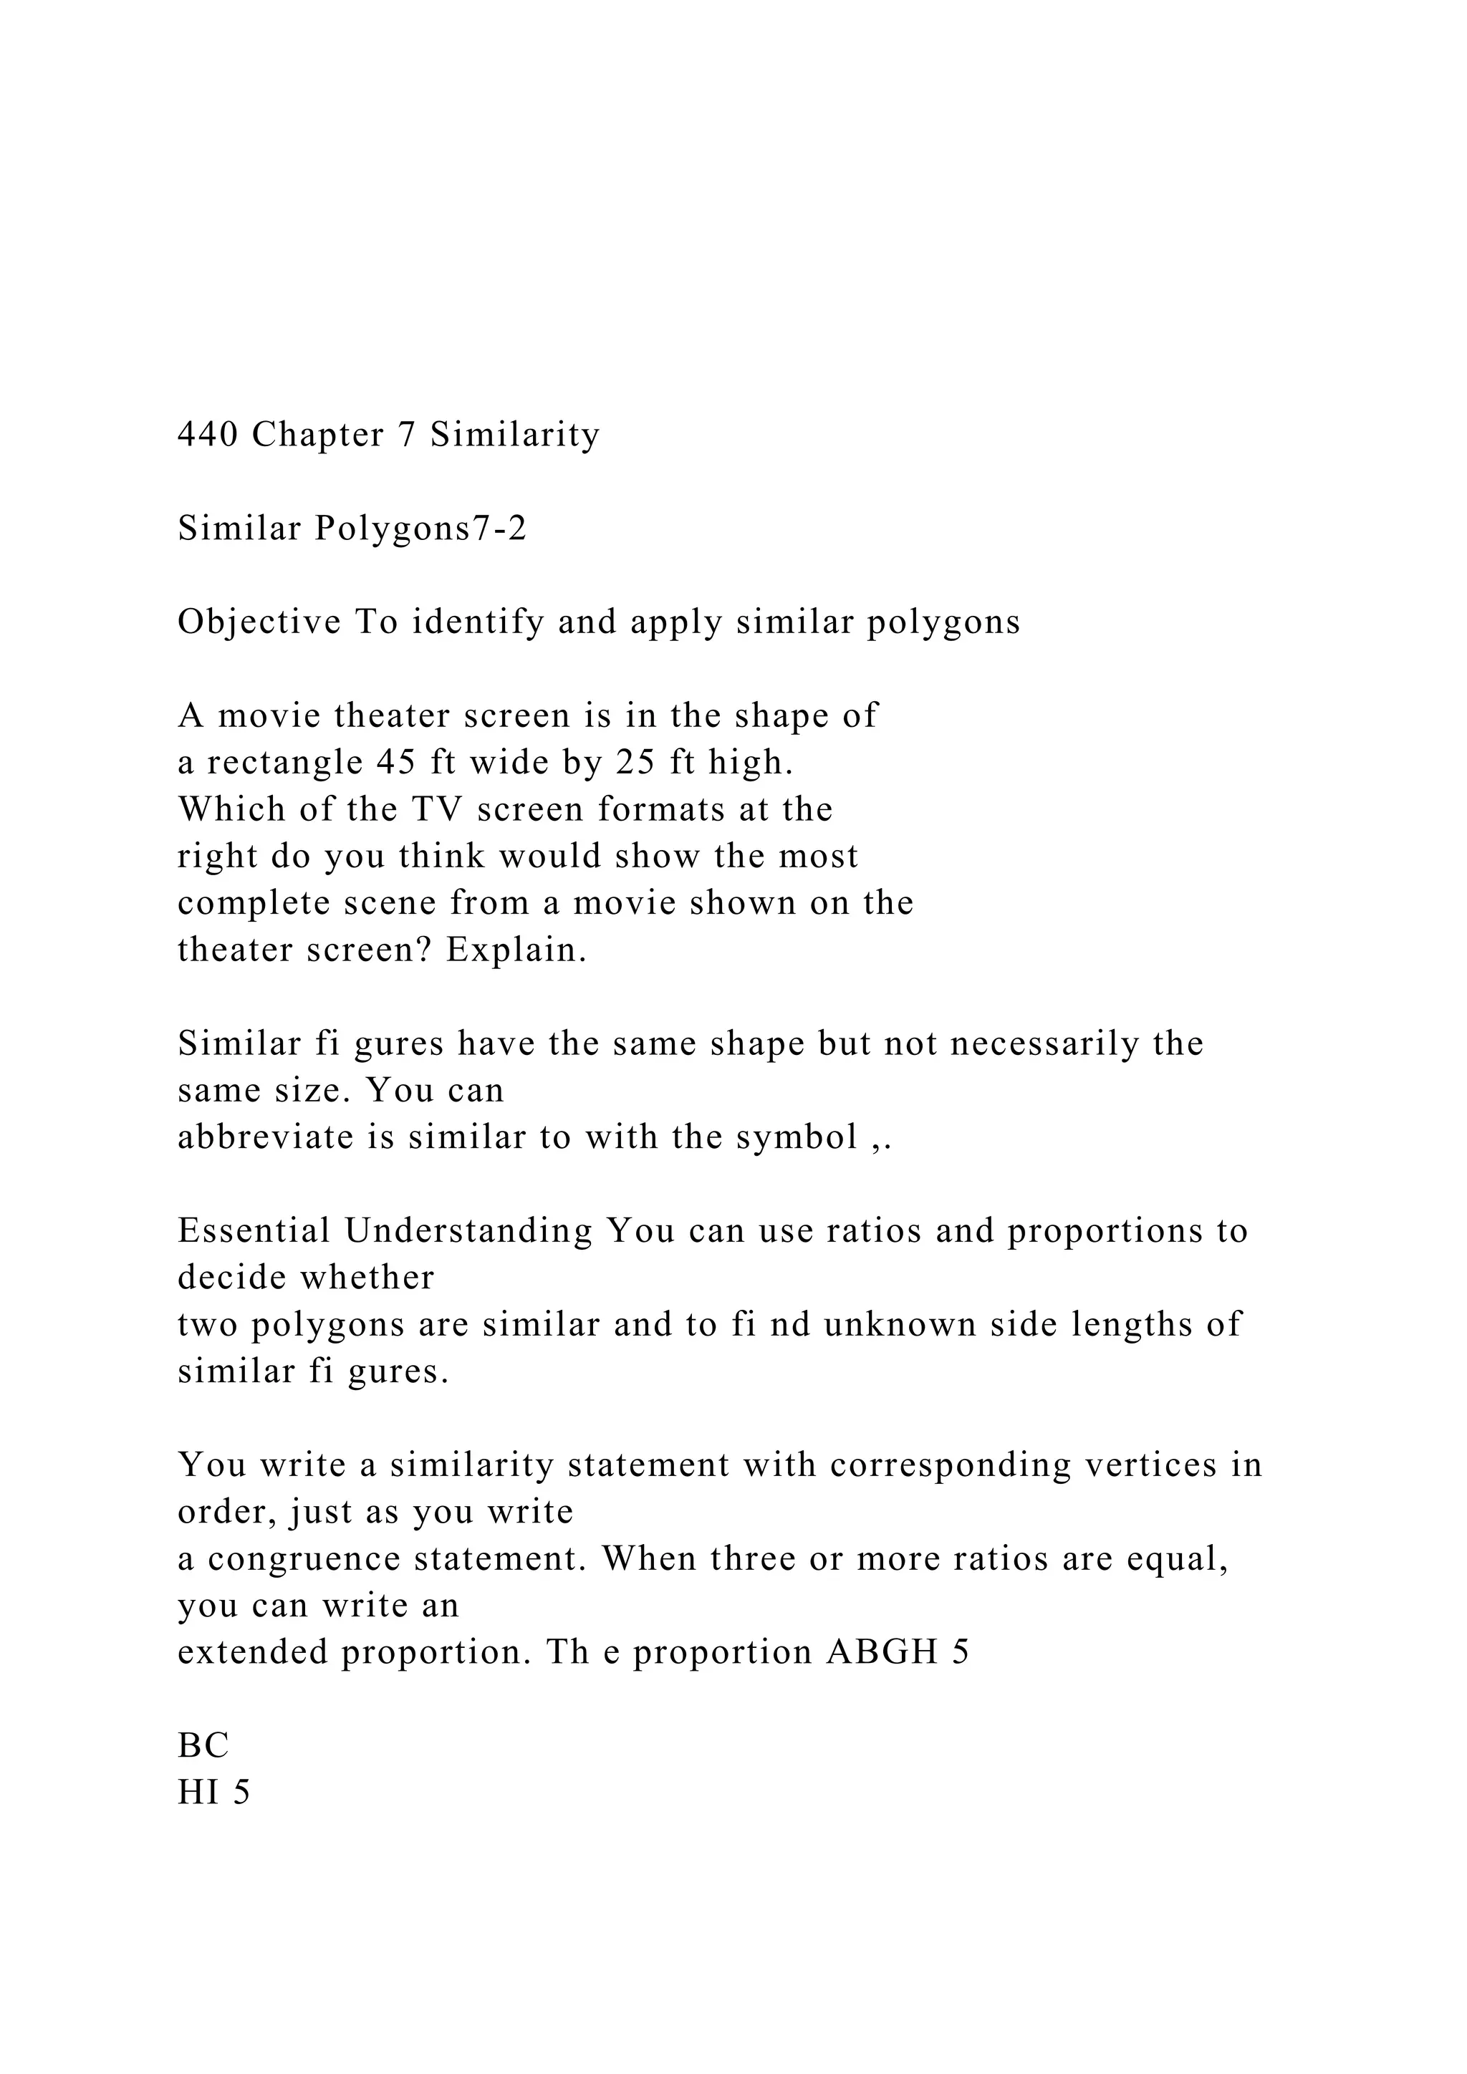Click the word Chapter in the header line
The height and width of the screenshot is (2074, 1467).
(x=318, y=435)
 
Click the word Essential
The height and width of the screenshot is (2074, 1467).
(x=254, y=1231)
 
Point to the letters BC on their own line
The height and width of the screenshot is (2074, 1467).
(x=203, y=1746)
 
